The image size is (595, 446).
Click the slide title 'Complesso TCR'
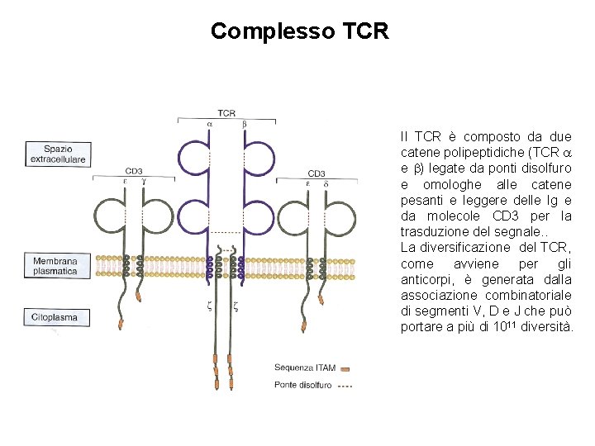(x=299, y=31)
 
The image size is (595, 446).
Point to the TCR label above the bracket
(x=226, y=113)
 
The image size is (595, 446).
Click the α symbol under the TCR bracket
(x=209, y=124)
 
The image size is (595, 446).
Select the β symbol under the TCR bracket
(x=244, y=124)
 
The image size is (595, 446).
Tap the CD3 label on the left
(x=133, y=171)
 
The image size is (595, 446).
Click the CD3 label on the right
(x=316, y=173)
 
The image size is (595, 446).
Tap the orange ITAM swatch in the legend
(x=345, y=368)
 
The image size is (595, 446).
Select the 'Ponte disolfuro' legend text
(x=303, y=384)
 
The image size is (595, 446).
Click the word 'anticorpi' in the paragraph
(x=427, y=279)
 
